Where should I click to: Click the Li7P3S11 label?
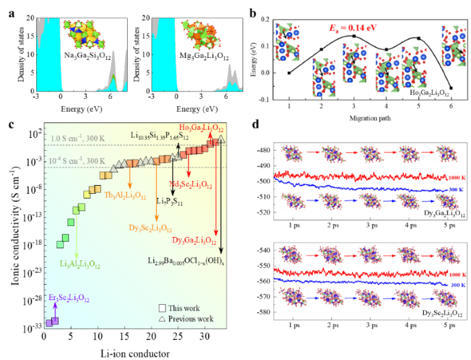tap(169, 201)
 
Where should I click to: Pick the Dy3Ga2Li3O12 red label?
tap(195, 240)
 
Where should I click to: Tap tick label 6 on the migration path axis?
tap(450, 106)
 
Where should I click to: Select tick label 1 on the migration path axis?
tap(289, 106)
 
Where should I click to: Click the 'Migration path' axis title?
tap(369, 118)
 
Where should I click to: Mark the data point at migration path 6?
tap(451, 88)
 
